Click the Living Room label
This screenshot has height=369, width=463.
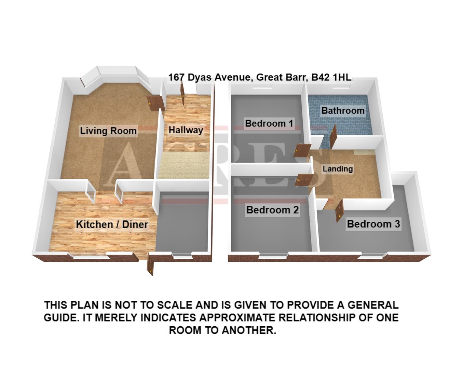(x=108, y=131)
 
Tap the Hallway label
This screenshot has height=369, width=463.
(x=186, y=130)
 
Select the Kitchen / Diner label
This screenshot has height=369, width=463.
(x=112, y=224)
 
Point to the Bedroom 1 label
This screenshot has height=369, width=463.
(x=269, y=123)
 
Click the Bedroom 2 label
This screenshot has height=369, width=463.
(x=272, y=210)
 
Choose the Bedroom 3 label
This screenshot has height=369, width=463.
(x=373, y=224)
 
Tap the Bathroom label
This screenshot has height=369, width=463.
(x=343, y=111)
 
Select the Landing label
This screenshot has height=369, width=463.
(x=338, y=169)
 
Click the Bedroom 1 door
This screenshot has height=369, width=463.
(x=302, y=150)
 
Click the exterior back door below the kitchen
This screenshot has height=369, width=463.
(x=150, y=265)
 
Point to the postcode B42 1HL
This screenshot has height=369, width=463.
(x=330, y=77)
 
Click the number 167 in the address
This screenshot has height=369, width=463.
(x=176, y=77)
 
